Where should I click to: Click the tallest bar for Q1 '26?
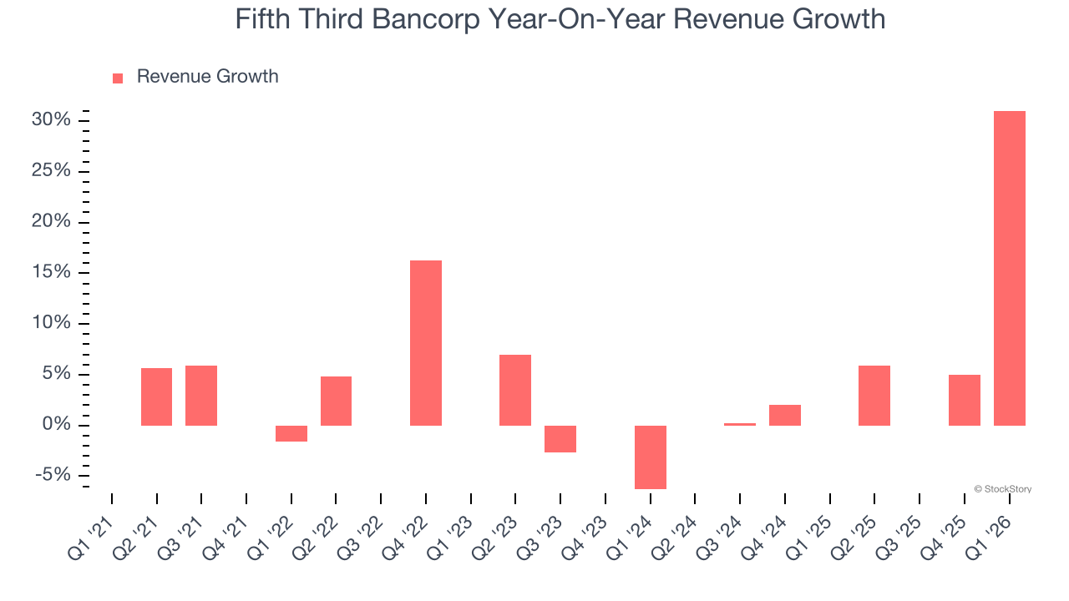[x=1009, y=268]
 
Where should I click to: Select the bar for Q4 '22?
[x=425, y=343]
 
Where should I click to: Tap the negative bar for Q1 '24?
[x=650, y=457]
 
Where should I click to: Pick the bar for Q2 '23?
[x=515, y=390]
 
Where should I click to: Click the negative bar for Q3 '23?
[x=560, y=439]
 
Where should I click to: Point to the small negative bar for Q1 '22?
[x=291, y=433]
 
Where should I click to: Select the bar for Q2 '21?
[x=156, y=396]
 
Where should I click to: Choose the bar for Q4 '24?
[x=784, y=415]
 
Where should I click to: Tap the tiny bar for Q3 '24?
[x=739, y=424]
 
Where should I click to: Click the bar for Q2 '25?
[x=874, y=396]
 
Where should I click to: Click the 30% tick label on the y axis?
[x=51, y=120]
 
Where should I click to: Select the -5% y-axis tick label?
[x=53, y=475]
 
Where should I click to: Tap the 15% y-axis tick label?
[x=51, y=273]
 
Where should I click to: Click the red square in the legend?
[x=118, y=78]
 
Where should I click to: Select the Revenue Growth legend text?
[x=207, y=77]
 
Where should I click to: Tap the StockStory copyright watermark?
[x=1002, y=489]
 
